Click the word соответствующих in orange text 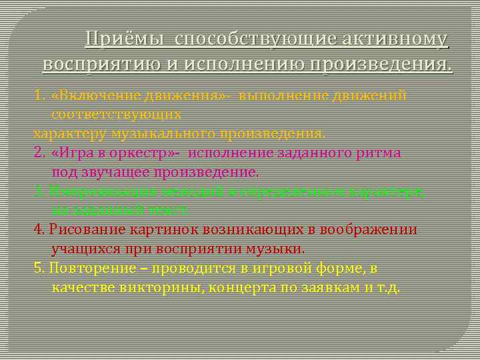click(x=117, y=114)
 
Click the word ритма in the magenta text click(x=377, y=153)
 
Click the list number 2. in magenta click(x=39, y=153)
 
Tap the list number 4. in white click(x=39, y=230)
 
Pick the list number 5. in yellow click(x=39, y=269)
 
